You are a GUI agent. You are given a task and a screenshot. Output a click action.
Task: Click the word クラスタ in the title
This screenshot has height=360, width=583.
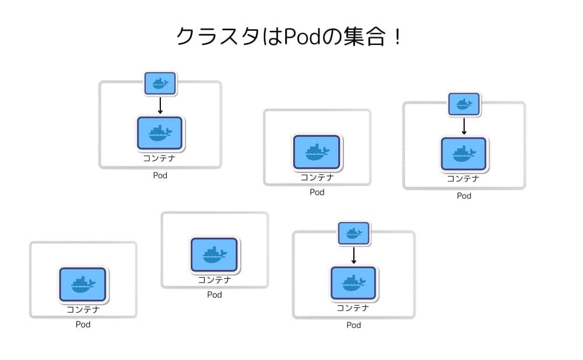218,37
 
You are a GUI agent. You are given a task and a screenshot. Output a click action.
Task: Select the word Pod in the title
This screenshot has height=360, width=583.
301,37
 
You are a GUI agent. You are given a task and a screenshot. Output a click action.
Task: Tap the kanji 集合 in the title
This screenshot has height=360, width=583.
364,37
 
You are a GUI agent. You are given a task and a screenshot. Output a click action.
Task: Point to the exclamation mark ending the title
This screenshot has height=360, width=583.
398,37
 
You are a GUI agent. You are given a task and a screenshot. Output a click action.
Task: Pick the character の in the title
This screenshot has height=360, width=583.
332,37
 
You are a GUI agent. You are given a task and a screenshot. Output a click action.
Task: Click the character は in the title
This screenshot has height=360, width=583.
272,37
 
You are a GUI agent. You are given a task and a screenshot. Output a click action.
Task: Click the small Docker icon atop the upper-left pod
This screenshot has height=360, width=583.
160,83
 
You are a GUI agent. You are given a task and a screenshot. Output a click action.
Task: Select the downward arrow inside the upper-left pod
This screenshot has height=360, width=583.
160,105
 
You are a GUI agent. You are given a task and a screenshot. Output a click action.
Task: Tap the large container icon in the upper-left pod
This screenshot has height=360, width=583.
160,133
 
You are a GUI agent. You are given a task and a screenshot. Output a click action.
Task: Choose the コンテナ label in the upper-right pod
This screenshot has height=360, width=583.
463,179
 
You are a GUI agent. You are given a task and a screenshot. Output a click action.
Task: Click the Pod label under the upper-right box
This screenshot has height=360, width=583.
464,196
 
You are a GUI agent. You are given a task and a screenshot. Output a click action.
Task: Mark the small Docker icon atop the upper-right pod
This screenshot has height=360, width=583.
464,104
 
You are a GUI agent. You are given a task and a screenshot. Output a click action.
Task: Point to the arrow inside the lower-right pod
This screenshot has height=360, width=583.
354,255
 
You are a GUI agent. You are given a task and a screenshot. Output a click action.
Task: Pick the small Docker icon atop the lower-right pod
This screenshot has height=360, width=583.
354,234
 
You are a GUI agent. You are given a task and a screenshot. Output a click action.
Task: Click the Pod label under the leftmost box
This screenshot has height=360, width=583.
83,324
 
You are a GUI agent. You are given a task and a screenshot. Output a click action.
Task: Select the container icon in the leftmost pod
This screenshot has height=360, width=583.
83,284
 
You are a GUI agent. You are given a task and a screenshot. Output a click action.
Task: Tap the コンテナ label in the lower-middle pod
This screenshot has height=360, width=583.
215,280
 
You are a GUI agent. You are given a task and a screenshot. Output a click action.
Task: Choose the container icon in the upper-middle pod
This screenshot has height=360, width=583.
317,152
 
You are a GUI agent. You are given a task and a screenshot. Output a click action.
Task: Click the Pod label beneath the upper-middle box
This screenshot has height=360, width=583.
317,192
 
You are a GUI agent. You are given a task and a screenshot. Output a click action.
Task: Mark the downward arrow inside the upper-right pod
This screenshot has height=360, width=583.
464,126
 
